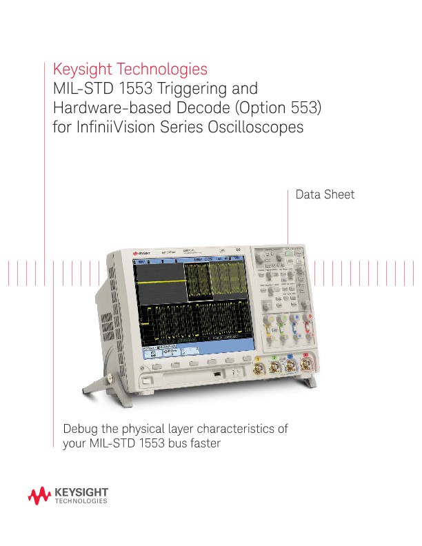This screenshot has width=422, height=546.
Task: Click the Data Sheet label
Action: coord(325,195)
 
